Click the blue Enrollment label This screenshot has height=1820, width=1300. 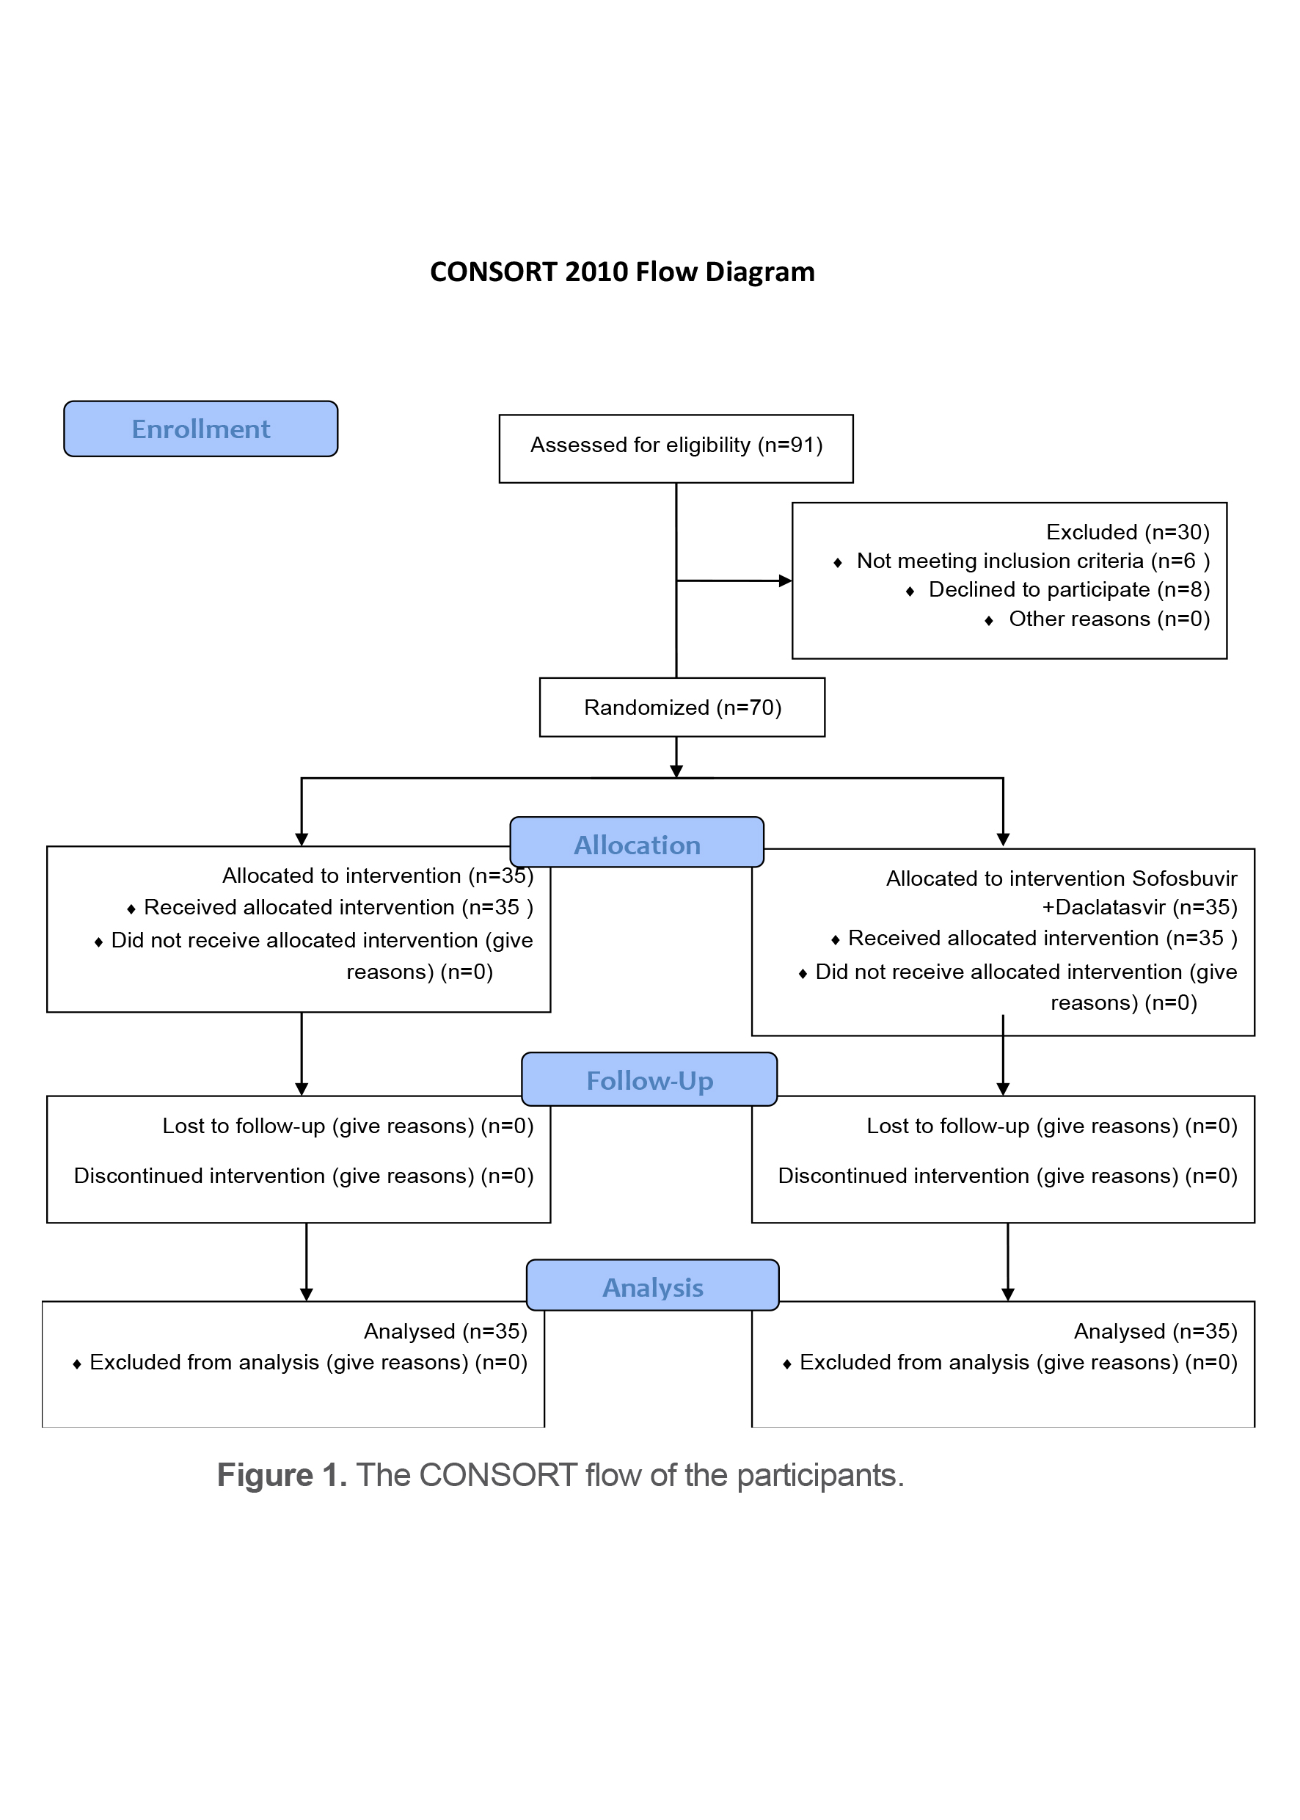[200, 429]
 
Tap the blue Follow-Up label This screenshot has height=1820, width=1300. [649, 1080]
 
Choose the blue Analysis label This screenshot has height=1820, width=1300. [652, 1286]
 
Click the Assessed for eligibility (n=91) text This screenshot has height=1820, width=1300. [676, 445]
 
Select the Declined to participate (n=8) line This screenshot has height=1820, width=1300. [1069, 590]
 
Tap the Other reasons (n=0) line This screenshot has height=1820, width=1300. [1109, 619]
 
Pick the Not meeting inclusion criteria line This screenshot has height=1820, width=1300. [1033, 561]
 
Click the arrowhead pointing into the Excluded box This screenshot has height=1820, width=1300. [785, 581]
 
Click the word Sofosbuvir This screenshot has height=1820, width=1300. [1184, 879]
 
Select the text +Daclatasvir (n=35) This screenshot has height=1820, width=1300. [1139, 908]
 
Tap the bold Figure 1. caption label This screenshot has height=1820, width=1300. [282, 1475]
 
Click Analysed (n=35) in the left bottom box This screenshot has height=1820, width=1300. [445, 1331]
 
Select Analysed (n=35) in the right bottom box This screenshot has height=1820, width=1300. [1155, 1331]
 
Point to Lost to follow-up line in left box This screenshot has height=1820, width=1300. [348, 1126]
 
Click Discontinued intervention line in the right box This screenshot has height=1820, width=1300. [1007, 1176]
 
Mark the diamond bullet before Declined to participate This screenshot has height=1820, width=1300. [910, 591]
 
